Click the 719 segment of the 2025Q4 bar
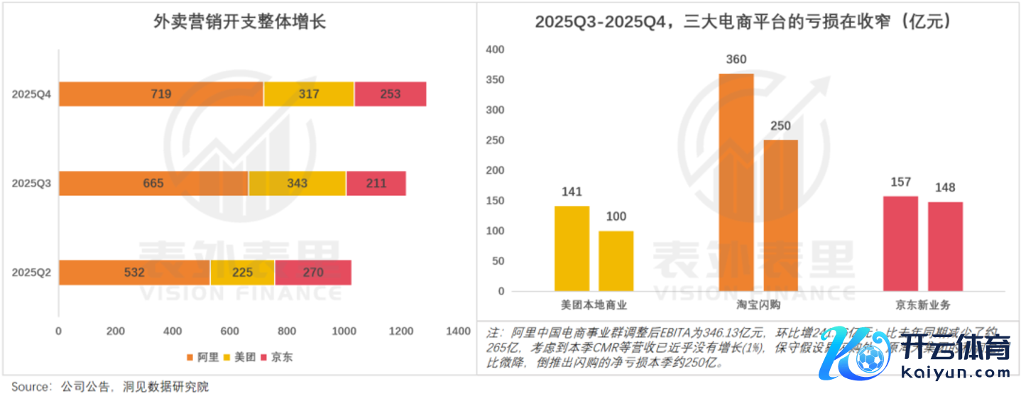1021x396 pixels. [160, 94]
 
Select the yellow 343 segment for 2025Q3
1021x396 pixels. [297, 183]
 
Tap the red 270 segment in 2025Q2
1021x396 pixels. [312, 273]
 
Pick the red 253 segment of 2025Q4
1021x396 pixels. [390, 94]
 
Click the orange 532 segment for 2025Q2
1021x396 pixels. [134, 273]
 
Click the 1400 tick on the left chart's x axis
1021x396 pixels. [458, 331]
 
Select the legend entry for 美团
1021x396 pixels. [239, 357]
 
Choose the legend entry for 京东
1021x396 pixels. [278, 357]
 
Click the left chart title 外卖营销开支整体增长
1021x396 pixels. [239, 22]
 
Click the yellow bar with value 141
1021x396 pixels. [572, 248]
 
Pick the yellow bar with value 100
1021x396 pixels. [616, 260]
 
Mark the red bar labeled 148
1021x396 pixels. [945, 246]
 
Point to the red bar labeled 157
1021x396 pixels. [900, 243]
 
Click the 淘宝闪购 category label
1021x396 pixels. [758, 305]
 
